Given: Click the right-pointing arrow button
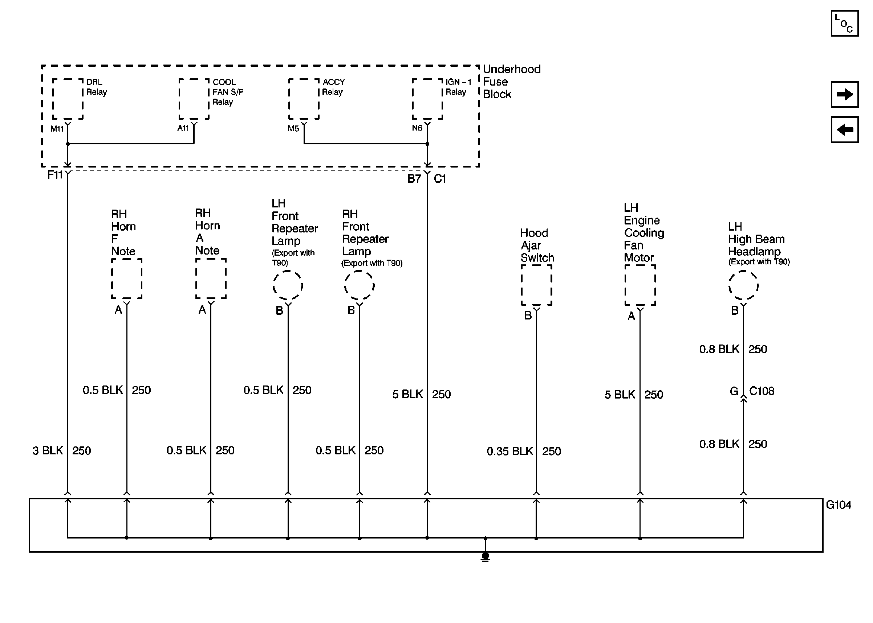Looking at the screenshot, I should coord(844,94).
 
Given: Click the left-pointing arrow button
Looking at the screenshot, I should coord(844,130).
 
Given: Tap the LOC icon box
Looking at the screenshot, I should coord(844,24).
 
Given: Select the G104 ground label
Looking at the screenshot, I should coord(839,505).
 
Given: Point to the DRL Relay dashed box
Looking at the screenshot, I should coord(68,99).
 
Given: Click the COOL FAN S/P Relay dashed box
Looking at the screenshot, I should coord(194,99).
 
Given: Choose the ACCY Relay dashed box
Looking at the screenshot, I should coord(304,99).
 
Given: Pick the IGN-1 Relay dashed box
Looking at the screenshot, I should coord(427,99).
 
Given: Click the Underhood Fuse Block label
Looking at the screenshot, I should coord(511,82).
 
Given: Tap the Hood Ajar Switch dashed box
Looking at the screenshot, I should coord(537,285).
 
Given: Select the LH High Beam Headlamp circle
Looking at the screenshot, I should coord(744,285).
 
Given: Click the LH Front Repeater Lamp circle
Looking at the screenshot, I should coord(288,285).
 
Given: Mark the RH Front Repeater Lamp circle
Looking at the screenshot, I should coord(359,285).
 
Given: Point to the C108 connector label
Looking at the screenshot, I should coord(762,391).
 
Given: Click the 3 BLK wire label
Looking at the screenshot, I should coord(48,450).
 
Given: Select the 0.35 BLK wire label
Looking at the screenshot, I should coord(509,451).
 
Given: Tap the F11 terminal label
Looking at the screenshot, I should coord(54,175).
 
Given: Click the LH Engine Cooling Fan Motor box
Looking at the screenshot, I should coord(640,285).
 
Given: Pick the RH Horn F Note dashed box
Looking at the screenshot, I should coord(127,279).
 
